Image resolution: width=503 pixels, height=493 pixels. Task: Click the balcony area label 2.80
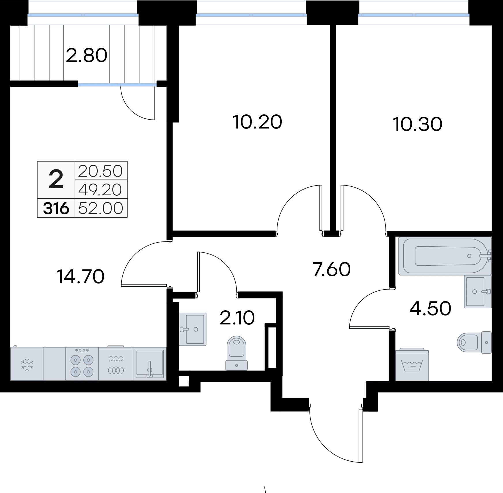pyautogui.click(x=86, y=56)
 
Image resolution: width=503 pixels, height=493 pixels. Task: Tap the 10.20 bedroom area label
pyautogui.click(x=257, y=122)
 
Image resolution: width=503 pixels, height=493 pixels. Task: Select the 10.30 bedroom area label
pyautogui.click(x=417, y=124)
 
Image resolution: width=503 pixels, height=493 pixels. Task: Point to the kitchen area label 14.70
pyautogui.click(x=80, y=277)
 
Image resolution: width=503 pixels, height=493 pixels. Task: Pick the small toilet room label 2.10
pyautogui.click(x=237, y=318)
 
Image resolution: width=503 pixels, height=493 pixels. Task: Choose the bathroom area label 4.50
pyautogui.click(x=430, y=308)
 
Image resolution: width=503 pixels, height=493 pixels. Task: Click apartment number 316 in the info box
pyautogui.click(x=56, y=208)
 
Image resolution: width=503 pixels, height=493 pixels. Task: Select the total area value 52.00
pyautogui.click(x=101, y=208)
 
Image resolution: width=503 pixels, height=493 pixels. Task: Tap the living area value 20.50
pyautogui.click(x=101, y=171)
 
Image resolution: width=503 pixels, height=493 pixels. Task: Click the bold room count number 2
pyautogui.click(x=56, y=180)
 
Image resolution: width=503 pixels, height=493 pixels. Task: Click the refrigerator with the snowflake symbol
pyautogui.click(x=27, y=364)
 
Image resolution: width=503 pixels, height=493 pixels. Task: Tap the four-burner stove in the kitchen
pyautogui.click(x=82, y=364)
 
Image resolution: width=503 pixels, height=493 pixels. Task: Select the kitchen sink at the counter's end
pyautogui.click(x=150, y=364)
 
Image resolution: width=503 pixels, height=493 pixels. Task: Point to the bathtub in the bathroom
pyautogui.click(x=445, y=256)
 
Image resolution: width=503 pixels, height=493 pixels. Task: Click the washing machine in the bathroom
pyautogui.click(x=412, y=364)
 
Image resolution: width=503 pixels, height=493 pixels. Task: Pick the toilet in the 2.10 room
pyautogui.click(x=237, y=353)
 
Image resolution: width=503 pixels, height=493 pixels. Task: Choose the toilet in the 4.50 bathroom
pyautogui.click(x=474, y=342)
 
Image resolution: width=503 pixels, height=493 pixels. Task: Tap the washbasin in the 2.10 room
pyautogui.click(x=193, y=329)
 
